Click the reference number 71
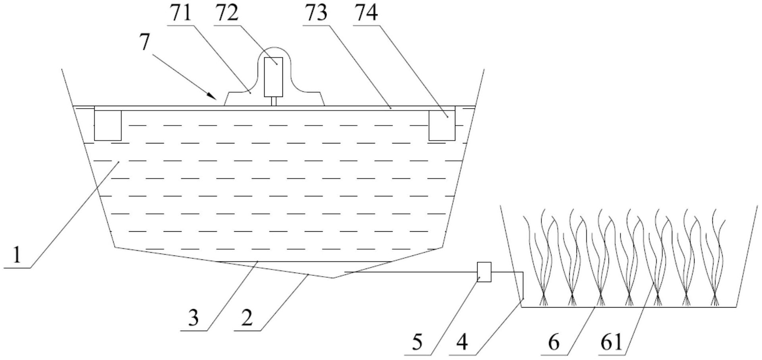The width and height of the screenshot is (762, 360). pyautogui.click(x=181, y=13)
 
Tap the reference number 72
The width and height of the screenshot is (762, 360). pyautogui.click(x=227, y=13)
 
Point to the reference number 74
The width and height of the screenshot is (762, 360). pyautogui.click(x=366, y=13)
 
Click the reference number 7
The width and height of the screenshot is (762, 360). pyautogui.click(x=145, y=42)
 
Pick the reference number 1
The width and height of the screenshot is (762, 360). pyautogui.click(x=16, y=255)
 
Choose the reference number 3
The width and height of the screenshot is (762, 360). pyautogui.click(x=193, y=318)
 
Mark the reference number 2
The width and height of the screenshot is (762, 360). pyautogui.click(x=247, y=318)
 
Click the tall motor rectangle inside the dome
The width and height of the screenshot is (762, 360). pyautogui.click(x=273, y=77)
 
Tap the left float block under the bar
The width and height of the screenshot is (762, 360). pyautogui.click(x=108, y=125)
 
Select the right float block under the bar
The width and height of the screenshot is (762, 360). pyautogui.click(x=442, y=125)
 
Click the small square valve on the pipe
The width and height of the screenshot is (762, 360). pyautogui.click(x=484, y=272)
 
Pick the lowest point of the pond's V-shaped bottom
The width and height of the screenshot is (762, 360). pyautogui.click(x=333, y=278)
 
